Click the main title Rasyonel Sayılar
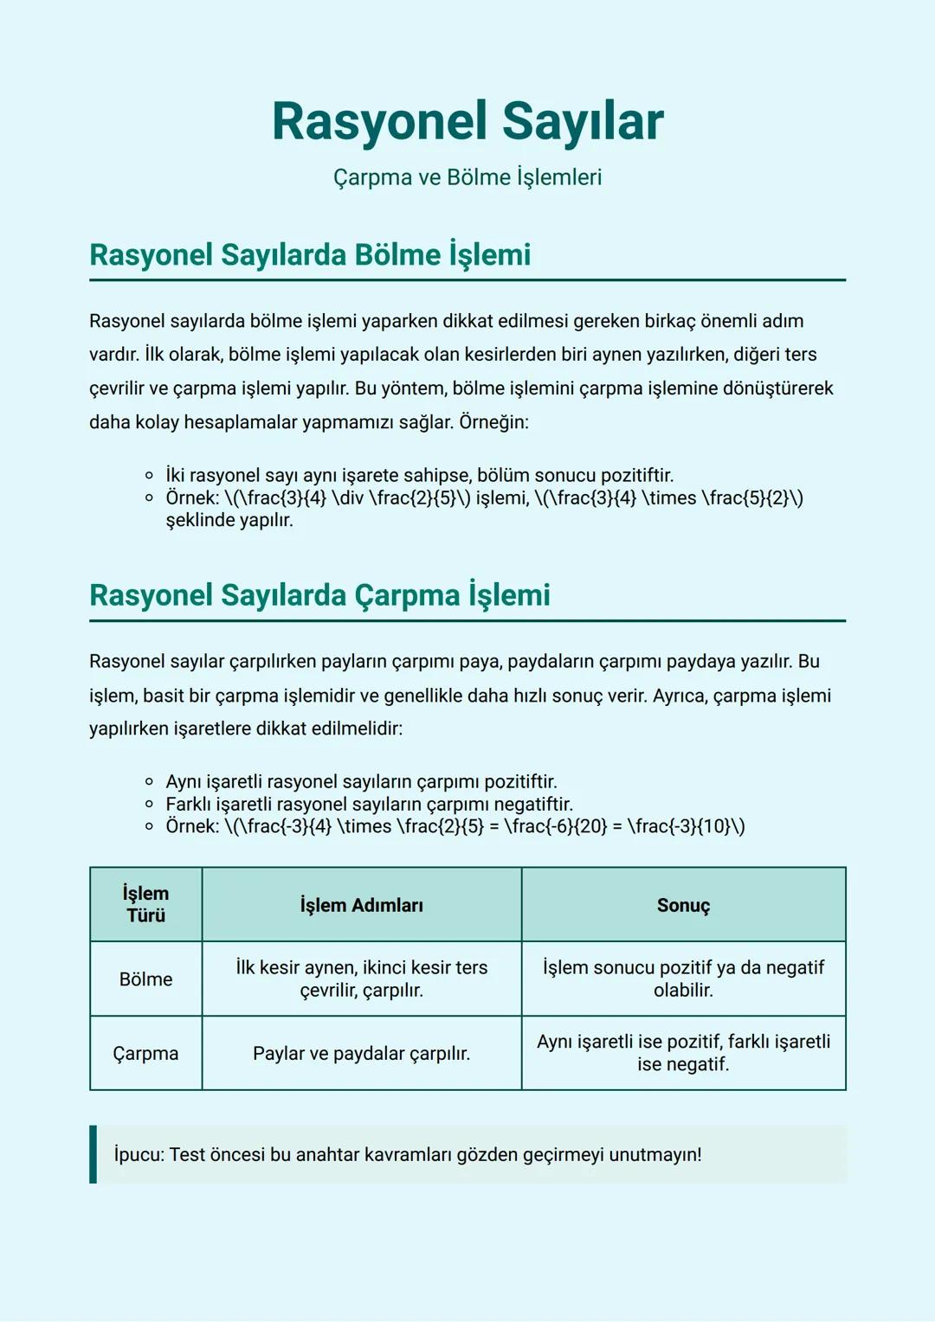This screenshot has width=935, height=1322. [467, 121]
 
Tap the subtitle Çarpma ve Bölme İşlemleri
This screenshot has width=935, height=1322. [467, 177]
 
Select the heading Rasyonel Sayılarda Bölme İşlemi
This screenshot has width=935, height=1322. [310, 255]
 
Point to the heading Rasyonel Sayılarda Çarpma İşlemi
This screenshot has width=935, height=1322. [319, 595]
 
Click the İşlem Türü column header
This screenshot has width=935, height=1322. [145, 904]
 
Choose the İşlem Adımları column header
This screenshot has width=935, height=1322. [362, 905]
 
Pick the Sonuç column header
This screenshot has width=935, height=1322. [683, 905]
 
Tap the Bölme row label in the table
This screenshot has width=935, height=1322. [145, 979]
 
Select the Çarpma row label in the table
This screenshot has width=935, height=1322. [145, 1054]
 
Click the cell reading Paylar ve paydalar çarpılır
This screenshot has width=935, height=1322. [362, 1054]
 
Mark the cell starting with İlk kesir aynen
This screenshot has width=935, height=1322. [362, 979]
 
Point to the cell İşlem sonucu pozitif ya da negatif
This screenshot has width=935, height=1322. [683, 979]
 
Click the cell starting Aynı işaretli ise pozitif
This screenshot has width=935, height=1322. [683, 1053]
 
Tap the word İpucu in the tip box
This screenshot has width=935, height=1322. [137, 1155]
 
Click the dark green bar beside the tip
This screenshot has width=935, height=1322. [93, 1154]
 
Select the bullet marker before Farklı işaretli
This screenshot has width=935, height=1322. [150, 805]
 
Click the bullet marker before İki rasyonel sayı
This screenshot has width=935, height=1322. [150, 476]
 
